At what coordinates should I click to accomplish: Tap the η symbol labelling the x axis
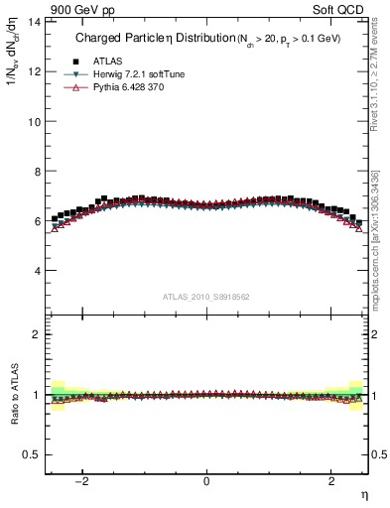pyautogui.click(x=363, y=493)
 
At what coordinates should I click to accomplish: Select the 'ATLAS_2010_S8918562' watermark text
pyautogui.click(x=206, y=297)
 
